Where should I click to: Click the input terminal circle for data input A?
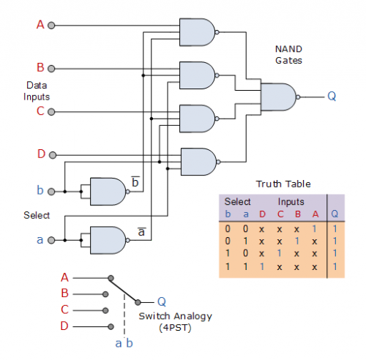51,26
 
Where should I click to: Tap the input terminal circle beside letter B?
51,69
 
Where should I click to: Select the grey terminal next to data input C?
51,112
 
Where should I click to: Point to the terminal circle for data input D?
53,155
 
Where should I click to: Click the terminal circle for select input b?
51,192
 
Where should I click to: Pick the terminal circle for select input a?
51,240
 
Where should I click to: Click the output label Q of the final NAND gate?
332,97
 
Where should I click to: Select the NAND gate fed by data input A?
199,32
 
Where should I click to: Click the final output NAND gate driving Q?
280,97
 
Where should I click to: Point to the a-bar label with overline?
141,232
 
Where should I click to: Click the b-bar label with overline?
135,181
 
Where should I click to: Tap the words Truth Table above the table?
283,184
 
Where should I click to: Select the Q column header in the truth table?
335,214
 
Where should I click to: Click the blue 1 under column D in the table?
262,266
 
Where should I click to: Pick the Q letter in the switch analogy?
162,302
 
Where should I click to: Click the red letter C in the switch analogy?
64,310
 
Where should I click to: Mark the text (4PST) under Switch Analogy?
175,328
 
